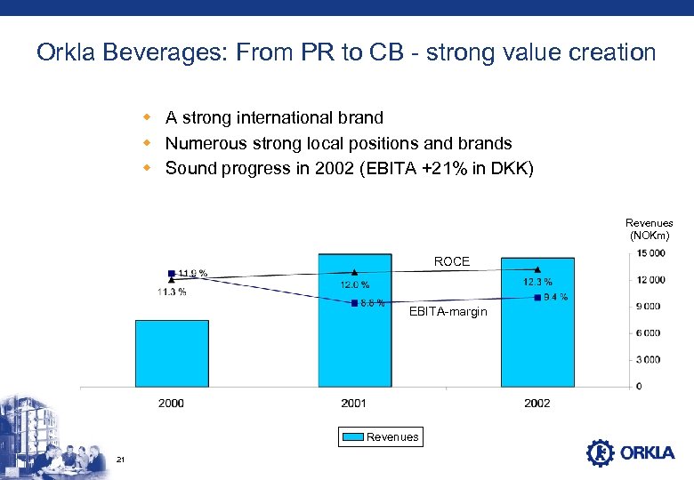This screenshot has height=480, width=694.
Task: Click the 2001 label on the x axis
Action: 354,404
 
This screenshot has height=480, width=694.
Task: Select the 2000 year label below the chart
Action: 172,404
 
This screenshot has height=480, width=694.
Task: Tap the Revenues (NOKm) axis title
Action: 649,228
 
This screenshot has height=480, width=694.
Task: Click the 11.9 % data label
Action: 192,273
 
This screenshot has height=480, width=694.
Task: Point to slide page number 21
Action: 120,459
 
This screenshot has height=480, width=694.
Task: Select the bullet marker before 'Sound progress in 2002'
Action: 149,167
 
